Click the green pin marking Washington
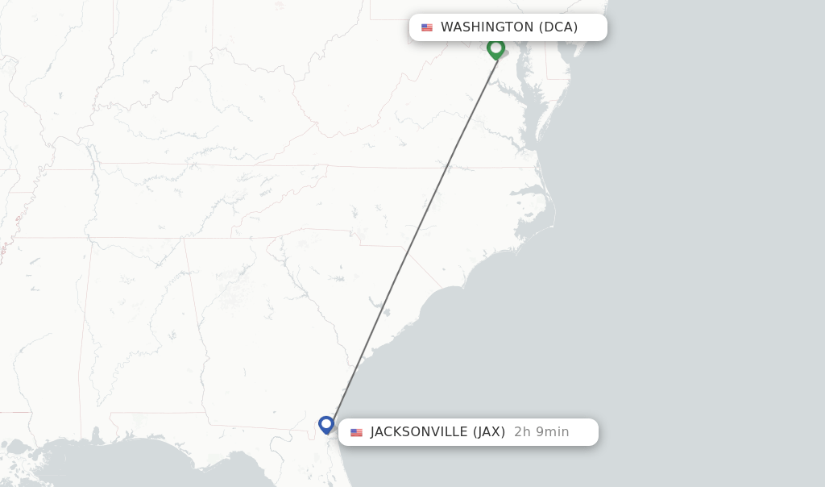click(x=495, y=48)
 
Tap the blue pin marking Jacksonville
click(x=325, y=424)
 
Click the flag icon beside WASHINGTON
click(x=427, y=27)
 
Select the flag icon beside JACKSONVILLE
click(x=356, y=432)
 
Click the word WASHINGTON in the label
click(x=487, y=27)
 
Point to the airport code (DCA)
click(x=558, y=27)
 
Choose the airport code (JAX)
click(x=489, y=432)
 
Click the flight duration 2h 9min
click(x=541, y=432)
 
